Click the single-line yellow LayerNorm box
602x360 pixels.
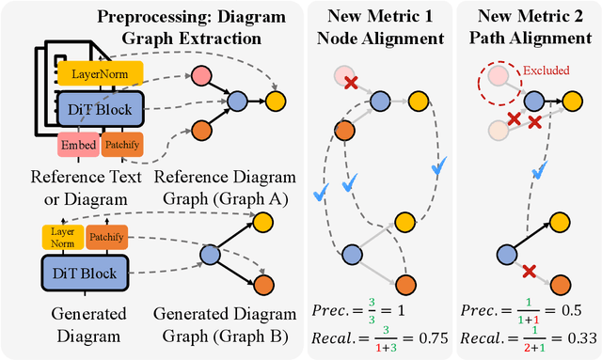(x=100, y=72)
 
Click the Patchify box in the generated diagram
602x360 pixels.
(x=107, y=239)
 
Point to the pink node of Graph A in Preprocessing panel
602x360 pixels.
(x=202, y=76)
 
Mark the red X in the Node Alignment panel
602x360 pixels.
(x=349, y=83)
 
